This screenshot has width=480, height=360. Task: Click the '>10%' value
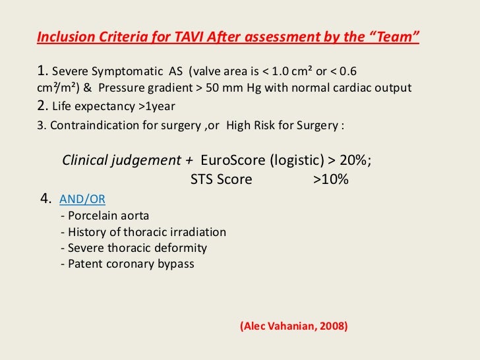pos(330,179)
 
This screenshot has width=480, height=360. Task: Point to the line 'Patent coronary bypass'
pos(127,264)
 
